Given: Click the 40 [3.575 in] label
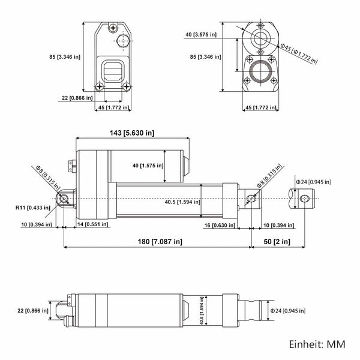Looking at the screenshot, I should (205, 34).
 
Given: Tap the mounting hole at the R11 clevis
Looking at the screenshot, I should (63, 198).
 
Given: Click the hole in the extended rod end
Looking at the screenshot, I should (303, 198).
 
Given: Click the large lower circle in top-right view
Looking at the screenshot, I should (260, 73).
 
